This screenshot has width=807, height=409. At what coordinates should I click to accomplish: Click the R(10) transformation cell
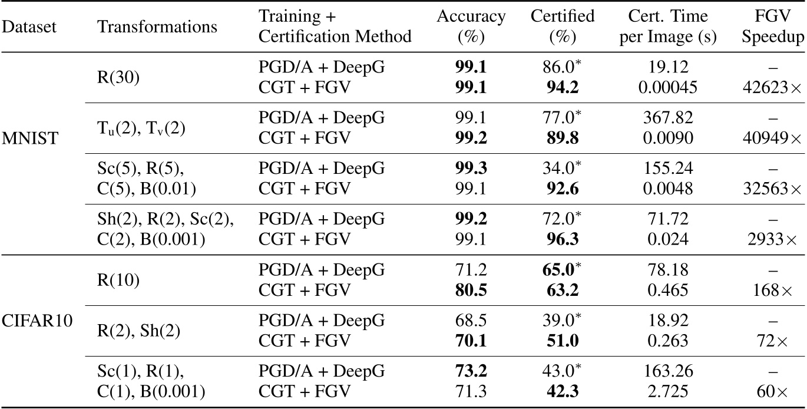point(119,280)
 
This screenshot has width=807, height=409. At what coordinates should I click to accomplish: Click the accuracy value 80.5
point(471,291)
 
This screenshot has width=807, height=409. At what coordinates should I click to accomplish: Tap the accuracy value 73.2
point(471,371)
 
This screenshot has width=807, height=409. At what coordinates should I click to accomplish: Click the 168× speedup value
point(785,291)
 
